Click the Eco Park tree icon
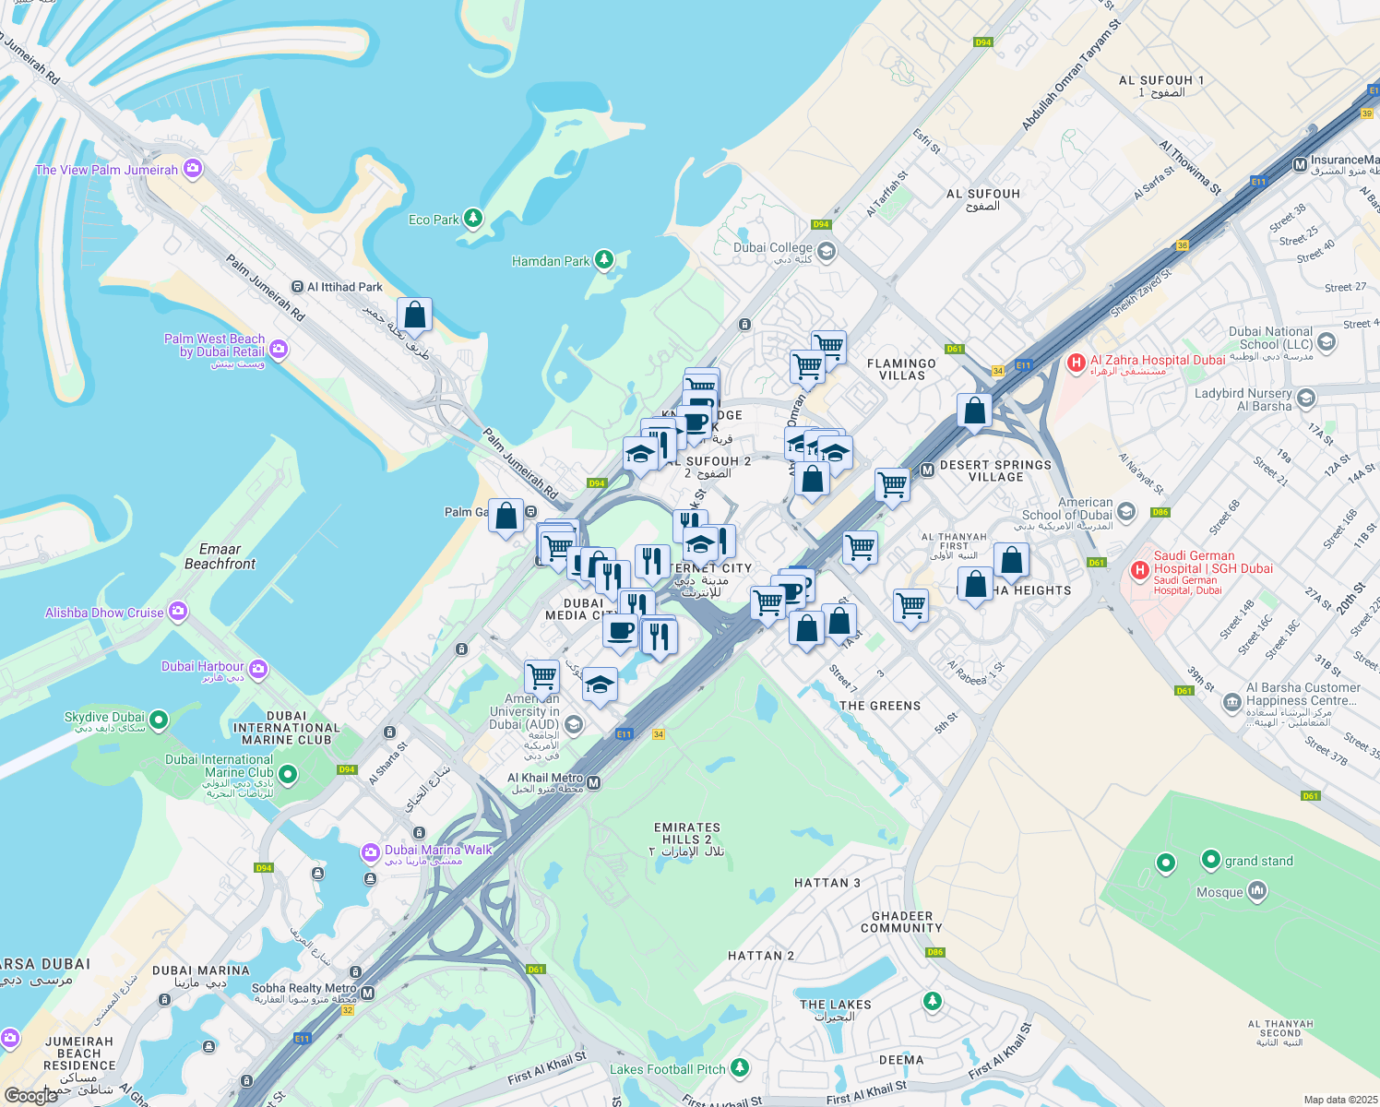[473, 218]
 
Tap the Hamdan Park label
[551, 261]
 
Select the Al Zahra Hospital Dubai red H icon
[1076, 363]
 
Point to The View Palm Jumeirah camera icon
[192, 168]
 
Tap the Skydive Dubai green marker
[159, 719]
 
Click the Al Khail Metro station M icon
[594, 783]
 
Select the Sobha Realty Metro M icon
[368, 994]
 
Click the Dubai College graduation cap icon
[826, 251]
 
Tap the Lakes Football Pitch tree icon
[739, 1067]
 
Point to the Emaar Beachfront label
[220, 556]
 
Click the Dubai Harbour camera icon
[258, 669]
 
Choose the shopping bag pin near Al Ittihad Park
[415, 315]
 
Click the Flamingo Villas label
[901, 369]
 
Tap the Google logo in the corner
[30, 1096]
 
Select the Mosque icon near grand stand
[1256, 891]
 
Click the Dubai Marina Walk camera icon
[370, 851]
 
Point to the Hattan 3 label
[827, 883]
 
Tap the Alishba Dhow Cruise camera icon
[178, 612]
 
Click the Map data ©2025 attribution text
[1339, 1100]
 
